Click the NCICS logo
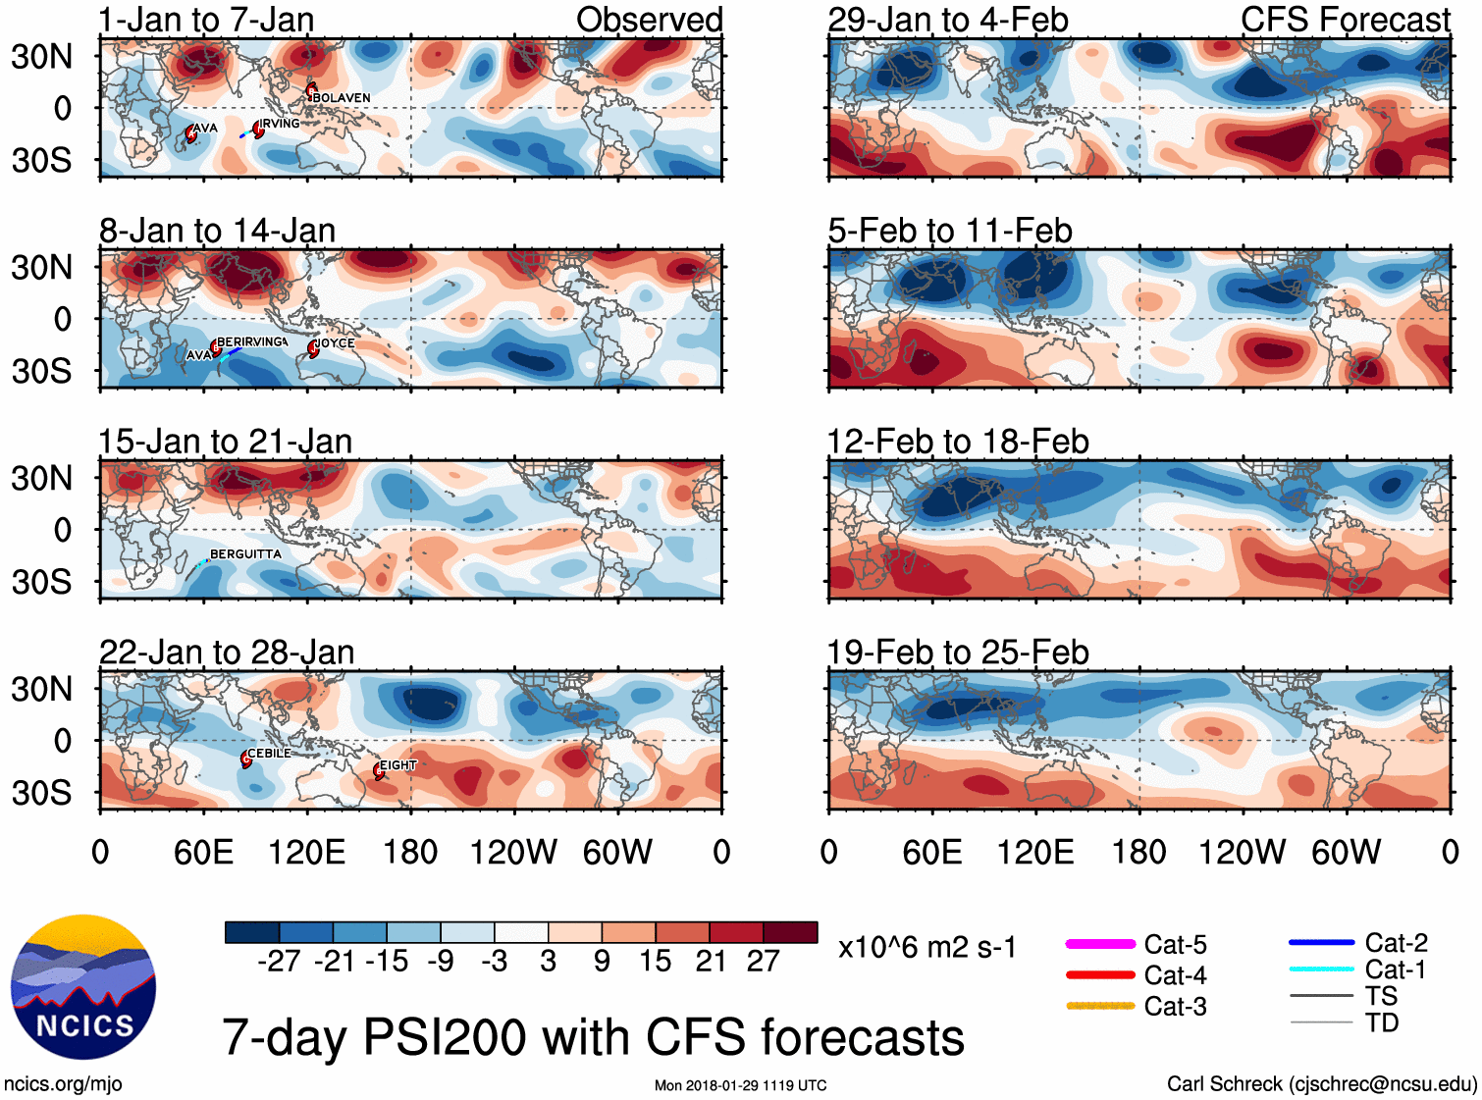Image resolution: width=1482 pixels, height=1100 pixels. pos(83,987)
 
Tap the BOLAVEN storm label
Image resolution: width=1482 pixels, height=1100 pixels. pos(342,98)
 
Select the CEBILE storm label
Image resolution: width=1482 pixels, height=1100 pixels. pos(269,754)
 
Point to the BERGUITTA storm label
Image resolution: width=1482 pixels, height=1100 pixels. pos(245,554)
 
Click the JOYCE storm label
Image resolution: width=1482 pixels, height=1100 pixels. pos(335,343)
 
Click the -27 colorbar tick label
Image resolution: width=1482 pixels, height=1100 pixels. pos(279,962)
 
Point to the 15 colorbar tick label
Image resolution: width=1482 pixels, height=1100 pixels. pos(655,962)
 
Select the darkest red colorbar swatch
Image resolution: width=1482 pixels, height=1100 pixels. pos(790,932)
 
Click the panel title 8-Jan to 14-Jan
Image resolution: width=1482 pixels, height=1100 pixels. pos(217,231)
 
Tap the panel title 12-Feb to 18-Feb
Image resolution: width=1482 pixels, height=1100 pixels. pos(958,442)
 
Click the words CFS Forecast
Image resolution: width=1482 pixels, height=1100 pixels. pos(1345,20)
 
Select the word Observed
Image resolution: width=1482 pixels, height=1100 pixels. pos(649,20)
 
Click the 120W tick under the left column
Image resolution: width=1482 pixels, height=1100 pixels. pos(513,852)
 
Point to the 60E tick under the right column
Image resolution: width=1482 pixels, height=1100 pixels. pos(931,852)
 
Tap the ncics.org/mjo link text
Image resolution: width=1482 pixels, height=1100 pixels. pos(63,1084)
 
